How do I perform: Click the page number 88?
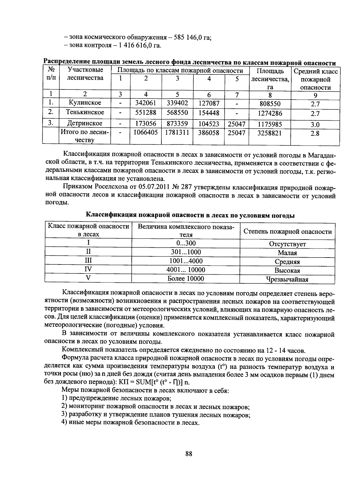[x=188, y=454]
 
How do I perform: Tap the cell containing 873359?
[x=177, y=124]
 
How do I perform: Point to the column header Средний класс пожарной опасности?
[x=315, y=80]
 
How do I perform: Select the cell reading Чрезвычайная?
[x=287, y=279]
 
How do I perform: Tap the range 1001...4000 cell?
[x=186, y=261]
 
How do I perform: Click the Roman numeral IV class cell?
[x=88, y=269]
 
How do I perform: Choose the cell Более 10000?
[x=185, y=279]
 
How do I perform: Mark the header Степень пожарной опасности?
[x=287, y=231]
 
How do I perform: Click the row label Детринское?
[x=85, y=123]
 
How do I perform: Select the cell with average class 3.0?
[x=315, y=125]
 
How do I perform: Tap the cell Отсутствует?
[x=287, y=244]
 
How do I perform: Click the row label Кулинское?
[x=85, y=103]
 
